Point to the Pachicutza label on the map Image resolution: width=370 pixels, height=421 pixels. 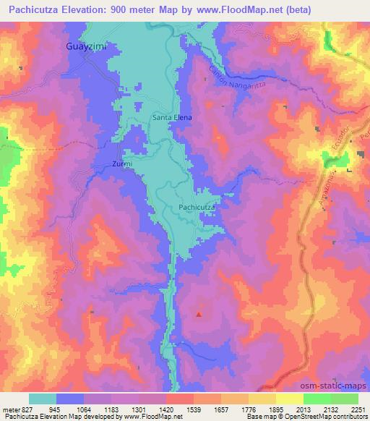click(x=196, y=208)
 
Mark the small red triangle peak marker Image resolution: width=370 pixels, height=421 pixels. click(x=199, y=314)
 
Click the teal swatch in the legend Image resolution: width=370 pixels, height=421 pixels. click(x=42, y=399)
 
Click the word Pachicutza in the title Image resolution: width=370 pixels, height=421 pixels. click(x=34, y=9)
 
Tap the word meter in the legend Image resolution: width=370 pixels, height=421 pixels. click(x=12, y=409)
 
